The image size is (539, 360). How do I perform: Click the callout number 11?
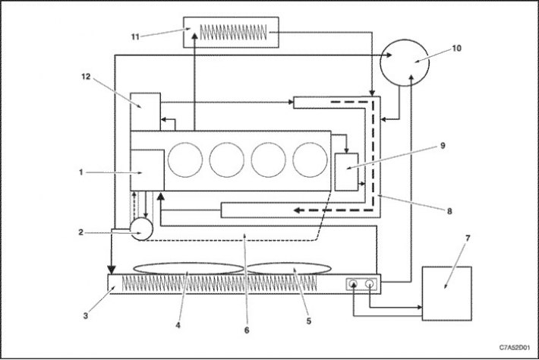click(135, 36)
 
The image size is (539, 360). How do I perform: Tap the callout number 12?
click(86, 77)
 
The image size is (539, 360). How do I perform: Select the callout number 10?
click(456, 48)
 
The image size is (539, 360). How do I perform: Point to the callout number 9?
click(443, 146)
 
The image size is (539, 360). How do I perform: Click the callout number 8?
click(449, 211)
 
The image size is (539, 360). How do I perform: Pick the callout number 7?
click(468, 238)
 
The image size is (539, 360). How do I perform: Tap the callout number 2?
click(80, 232)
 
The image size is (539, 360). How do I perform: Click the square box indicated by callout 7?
click(447, 293)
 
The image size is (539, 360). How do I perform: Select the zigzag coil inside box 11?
click(233, 33)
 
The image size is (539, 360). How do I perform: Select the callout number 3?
click(86, 315)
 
